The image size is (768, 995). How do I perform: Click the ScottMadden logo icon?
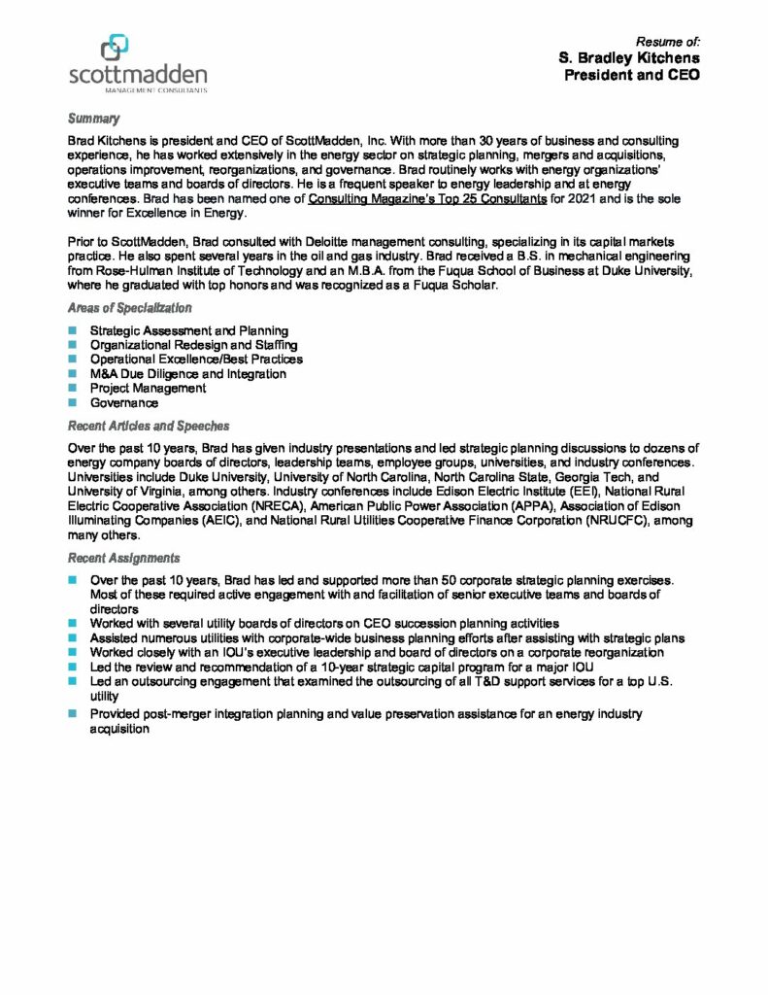(115, 46)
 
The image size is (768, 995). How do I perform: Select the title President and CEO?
(632, 75)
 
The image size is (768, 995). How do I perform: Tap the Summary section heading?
(93, 119)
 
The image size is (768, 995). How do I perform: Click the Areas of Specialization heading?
(129, 307)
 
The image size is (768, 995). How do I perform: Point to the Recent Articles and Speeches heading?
(148, 426)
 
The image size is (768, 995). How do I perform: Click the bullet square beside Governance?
(72, 402)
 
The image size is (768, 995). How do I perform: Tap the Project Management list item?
(148, 388)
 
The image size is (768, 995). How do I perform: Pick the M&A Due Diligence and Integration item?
(187, 373)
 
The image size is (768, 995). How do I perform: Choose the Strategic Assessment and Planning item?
(188, 330)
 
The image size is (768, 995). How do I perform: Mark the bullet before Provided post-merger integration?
(72, 713)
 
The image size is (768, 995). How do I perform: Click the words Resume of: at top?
(667, 42)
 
